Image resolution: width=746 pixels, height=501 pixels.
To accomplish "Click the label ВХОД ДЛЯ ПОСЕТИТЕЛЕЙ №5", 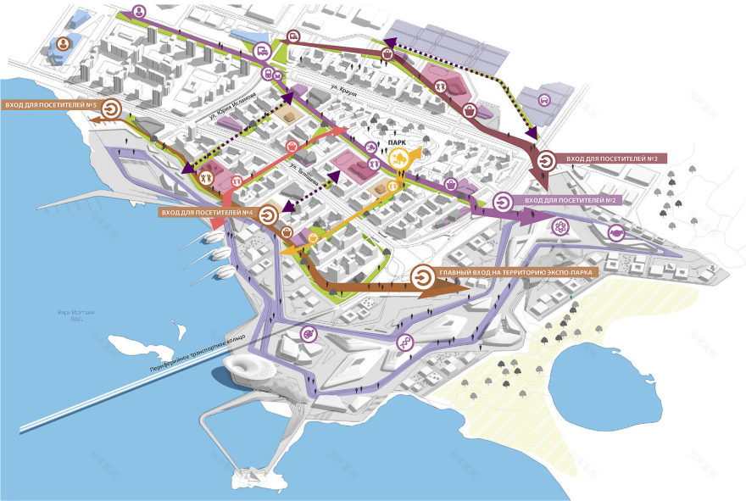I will (51, 106).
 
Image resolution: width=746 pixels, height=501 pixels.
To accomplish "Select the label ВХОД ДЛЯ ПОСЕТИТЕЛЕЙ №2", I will (575, 200).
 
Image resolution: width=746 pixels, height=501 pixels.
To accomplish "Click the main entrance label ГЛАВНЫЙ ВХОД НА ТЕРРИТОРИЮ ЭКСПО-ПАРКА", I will (516, 272).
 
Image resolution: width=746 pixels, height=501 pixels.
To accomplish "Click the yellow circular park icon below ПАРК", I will (397, 159).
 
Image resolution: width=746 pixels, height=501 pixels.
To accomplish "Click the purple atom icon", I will (559, 227).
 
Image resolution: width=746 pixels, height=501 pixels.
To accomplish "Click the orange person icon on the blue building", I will (62, 45).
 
